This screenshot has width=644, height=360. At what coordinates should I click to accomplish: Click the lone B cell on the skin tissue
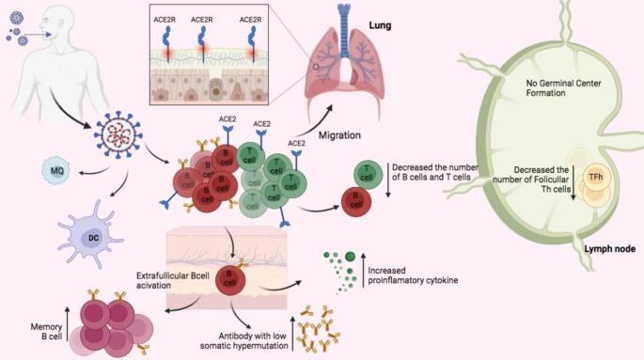[x=226, y=279]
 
